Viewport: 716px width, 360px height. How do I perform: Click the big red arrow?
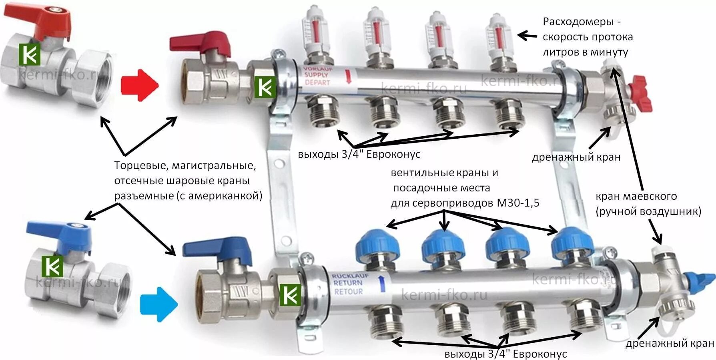point(139,85)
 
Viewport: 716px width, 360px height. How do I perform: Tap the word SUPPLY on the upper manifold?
point(316,75)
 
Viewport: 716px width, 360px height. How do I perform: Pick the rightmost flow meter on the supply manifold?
point(499,38)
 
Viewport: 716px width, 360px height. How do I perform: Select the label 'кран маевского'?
point(636,196)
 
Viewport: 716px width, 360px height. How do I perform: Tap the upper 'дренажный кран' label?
point(576,157)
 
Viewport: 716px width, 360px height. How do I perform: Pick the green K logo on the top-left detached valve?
point(30,55)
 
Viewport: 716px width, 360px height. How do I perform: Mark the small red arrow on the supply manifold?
point(348,76)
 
